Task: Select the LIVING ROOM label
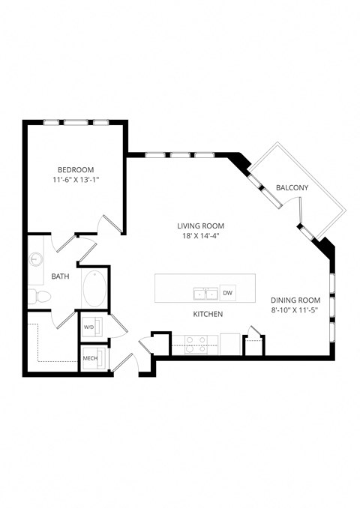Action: tap(200, 226)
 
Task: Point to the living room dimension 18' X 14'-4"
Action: tap(200, 236)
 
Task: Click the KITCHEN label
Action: tap(208, 315)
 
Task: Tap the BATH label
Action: tap(60, 276)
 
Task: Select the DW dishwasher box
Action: tap(228, 293)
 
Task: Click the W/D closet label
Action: tap(88, 327)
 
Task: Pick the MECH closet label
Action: tap(90, 359)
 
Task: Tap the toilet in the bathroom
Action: tap(38, 297)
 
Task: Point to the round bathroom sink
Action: tap(37, 260)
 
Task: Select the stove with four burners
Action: tap(196, 344)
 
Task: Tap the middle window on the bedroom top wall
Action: tap(75, 122)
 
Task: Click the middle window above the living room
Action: tap(180, 155)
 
